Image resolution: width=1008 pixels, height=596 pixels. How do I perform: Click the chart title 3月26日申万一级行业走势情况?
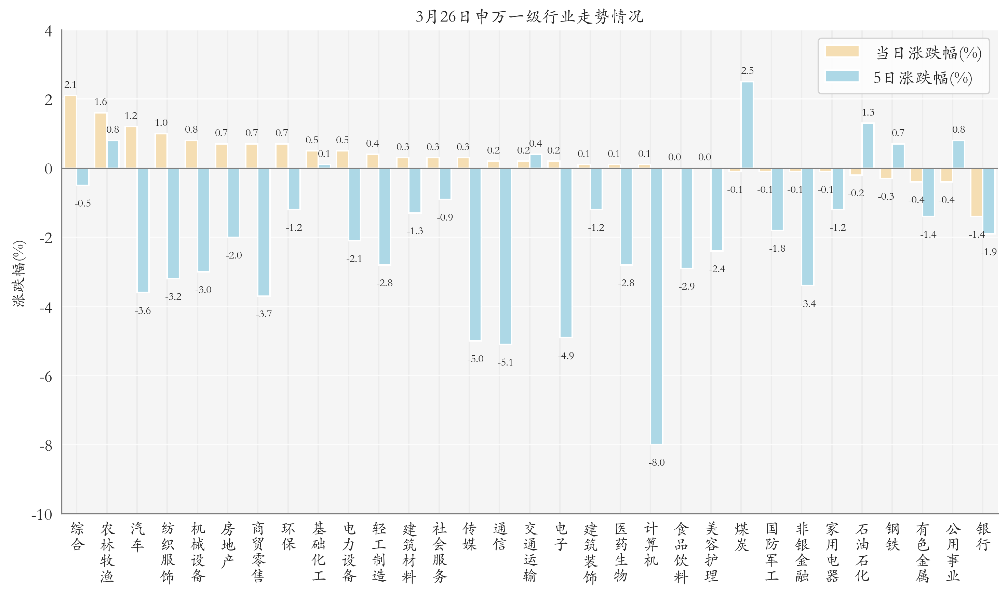click(529, 16)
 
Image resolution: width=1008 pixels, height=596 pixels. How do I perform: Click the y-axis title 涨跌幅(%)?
click(19, 274)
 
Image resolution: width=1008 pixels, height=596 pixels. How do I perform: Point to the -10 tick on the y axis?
click(42, 515)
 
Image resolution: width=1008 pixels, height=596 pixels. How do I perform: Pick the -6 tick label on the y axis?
click(46, 376)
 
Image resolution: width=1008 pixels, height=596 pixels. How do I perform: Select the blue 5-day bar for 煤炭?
click(747, 125)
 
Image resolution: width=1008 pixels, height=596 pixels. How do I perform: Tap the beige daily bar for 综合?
click(71, 132)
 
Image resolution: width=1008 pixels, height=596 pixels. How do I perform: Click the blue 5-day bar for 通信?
click(506, 256)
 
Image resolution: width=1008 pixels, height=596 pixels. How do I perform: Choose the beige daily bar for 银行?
click(976, 192)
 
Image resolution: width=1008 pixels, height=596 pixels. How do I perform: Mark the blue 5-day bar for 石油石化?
click(868, 145)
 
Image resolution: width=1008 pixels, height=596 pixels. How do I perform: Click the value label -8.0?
click(656, 463)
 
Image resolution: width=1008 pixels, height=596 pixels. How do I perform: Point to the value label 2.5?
click(747, 71)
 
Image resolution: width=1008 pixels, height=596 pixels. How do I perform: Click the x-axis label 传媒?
click(469, 536)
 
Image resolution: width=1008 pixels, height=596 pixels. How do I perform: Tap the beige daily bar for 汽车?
click(131, 147)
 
